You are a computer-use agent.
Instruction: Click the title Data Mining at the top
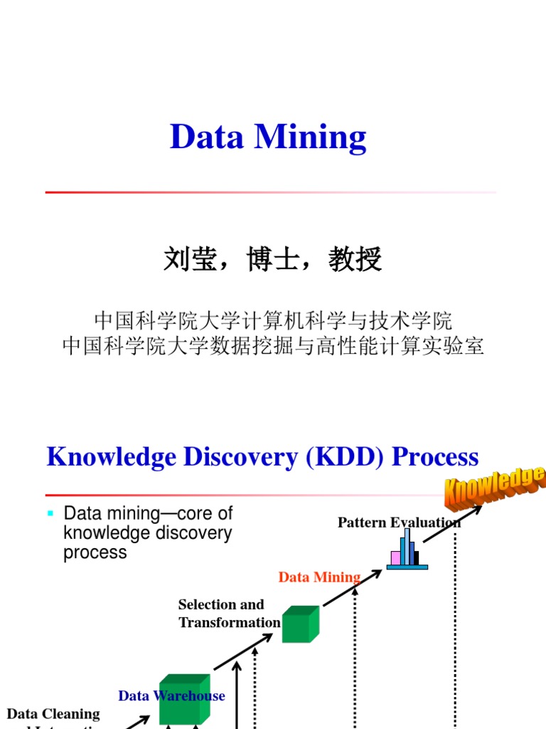pos(268,137)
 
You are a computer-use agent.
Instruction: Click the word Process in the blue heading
pos(435,456)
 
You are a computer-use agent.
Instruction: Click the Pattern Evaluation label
pos(399,523)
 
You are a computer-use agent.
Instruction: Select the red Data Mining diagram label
pos(319,577)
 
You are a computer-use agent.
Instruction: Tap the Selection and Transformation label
pos(229,613)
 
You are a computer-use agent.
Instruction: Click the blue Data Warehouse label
pos(171,696)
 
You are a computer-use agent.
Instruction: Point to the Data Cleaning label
pos(53,713)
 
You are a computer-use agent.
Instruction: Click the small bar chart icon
pos(407,551)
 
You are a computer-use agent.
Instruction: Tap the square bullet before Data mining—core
pos(50,513)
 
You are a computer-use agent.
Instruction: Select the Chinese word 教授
pos(355,260)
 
